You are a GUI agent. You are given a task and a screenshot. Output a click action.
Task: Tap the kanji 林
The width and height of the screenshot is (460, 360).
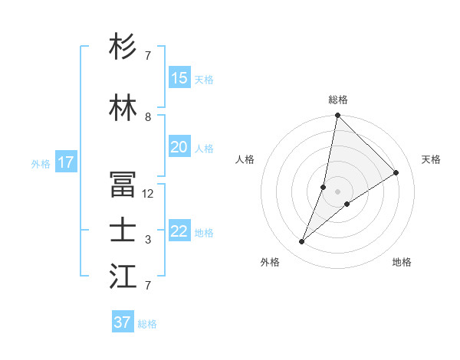click(x=123, y=108)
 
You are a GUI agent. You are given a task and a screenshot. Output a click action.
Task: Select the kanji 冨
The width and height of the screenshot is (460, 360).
click(x=123, y=185)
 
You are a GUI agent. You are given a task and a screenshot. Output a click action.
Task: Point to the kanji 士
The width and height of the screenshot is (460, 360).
click(x=123, y=231)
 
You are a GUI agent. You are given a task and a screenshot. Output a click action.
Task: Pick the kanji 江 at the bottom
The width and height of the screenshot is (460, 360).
click(x=123, y=277)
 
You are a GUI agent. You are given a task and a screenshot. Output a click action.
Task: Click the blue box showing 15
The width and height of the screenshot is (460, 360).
click(x=179, y=78)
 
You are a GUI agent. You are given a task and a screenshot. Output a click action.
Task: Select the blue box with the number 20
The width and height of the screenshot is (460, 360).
click(x=179, y=147)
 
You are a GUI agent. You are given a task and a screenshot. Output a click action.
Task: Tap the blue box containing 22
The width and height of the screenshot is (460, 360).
click(x=179, y=231)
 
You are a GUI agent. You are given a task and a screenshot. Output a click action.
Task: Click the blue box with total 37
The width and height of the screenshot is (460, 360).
click(x=123, y=322)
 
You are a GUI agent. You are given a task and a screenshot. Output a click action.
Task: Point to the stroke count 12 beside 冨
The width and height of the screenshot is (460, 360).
click(x=148, y=194)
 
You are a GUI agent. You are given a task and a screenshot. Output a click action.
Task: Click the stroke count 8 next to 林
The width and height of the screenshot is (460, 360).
click(x=148, y=117)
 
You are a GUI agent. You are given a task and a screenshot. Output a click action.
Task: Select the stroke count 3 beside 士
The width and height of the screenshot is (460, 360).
click(x=148, y=240)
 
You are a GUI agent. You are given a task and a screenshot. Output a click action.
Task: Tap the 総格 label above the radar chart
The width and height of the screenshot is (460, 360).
click(x=338, y=100)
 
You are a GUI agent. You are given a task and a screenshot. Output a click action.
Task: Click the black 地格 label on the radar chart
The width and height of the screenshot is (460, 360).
click(x=402, y=263)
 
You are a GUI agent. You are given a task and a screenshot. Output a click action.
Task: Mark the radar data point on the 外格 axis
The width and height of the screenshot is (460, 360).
click(x=302, y=242)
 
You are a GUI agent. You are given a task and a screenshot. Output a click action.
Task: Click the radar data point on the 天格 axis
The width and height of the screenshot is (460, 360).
click(x=396, y=173)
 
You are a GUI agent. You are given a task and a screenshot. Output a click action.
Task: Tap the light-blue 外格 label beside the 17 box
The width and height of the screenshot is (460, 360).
click(x=41, y=163)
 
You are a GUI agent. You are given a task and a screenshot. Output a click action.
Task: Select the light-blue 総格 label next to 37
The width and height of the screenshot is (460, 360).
click(x=147, y=324)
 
